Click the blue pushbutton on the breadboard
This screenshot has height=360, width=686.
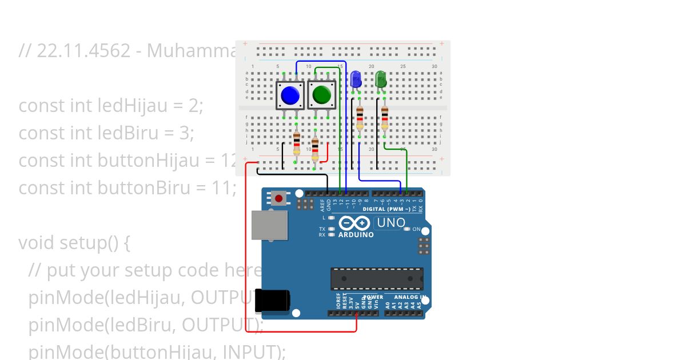(290, 95)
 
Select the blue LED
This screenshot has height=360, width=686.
(356, 79)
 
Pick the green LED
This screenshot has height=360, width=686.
(381, 79)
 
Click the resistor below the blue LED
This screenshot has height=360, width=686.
(360, 119)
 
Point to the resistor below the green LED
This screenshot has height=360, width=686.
(384, 119)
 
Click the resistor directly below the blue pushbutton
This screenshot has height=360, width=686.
(296, 144)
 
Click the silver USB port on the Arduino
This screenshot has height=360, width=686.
(270, 224)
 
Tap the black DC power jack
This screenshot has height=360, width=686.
(272, 301)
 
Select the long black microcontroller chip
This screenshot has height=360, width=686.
(377, 278)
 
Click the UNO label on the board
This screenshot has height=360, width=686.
(391, 223)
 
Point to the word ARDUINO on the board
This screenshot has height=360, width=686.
(356, 235)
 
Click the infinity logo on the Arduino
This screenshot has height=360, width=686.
(354, 223)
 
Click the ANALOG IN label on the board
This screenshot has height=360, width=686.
(409, 297)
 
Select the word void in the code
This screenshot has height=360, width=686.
(38, 243)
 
